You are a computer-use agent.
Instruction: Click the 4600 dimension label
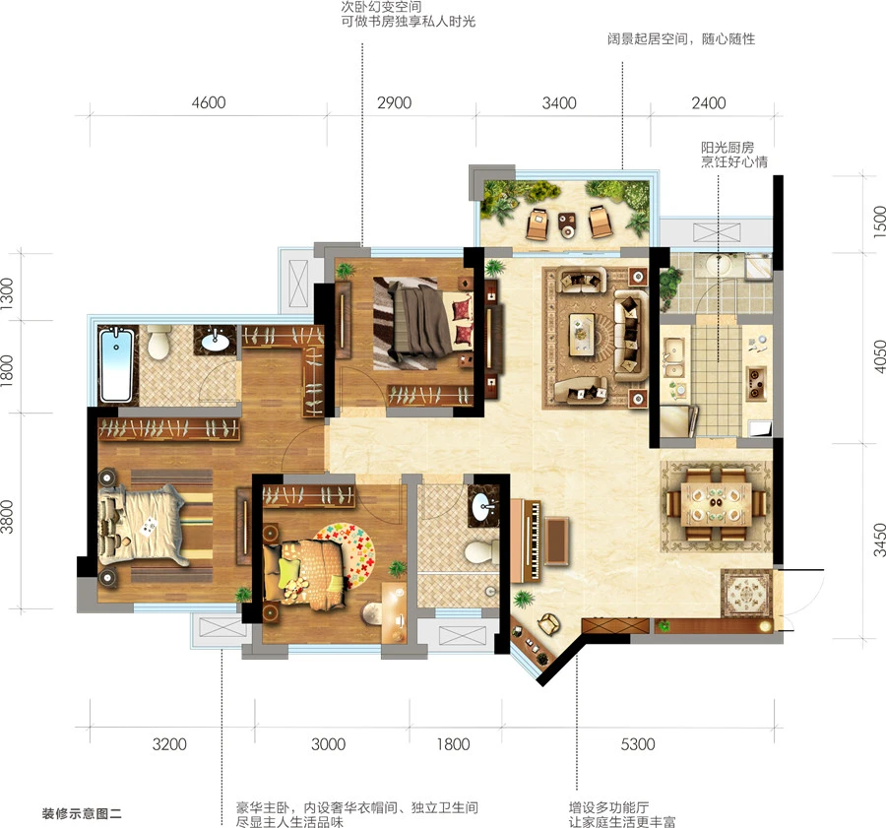tap(209, 102)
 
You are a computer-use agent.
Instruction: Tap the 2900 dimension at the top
tap(394, 102)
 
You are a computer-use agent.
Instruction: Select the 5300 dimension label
tap(637, 743)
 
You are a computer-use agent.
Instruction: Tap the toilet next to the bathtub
tap(158, 343)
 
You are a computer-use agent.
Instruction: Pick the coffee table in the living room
tap(582, 334)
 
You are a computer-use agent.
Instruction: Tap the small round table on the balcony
tap(567, 224)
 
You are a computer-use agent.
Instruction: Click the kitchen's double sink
tap(674, 356)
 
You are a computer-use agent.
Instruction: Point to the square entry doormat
tap(746, 593)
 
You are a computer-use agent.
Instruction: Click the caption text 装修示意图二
tap(82, 814)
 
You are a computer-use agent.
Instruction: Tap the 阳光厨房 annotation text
tap(728, 148)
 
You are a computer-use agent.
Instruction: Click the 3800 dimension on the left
tap(7, 517)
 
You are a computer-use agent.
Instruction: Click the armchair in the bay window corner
tap(548, 623)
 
